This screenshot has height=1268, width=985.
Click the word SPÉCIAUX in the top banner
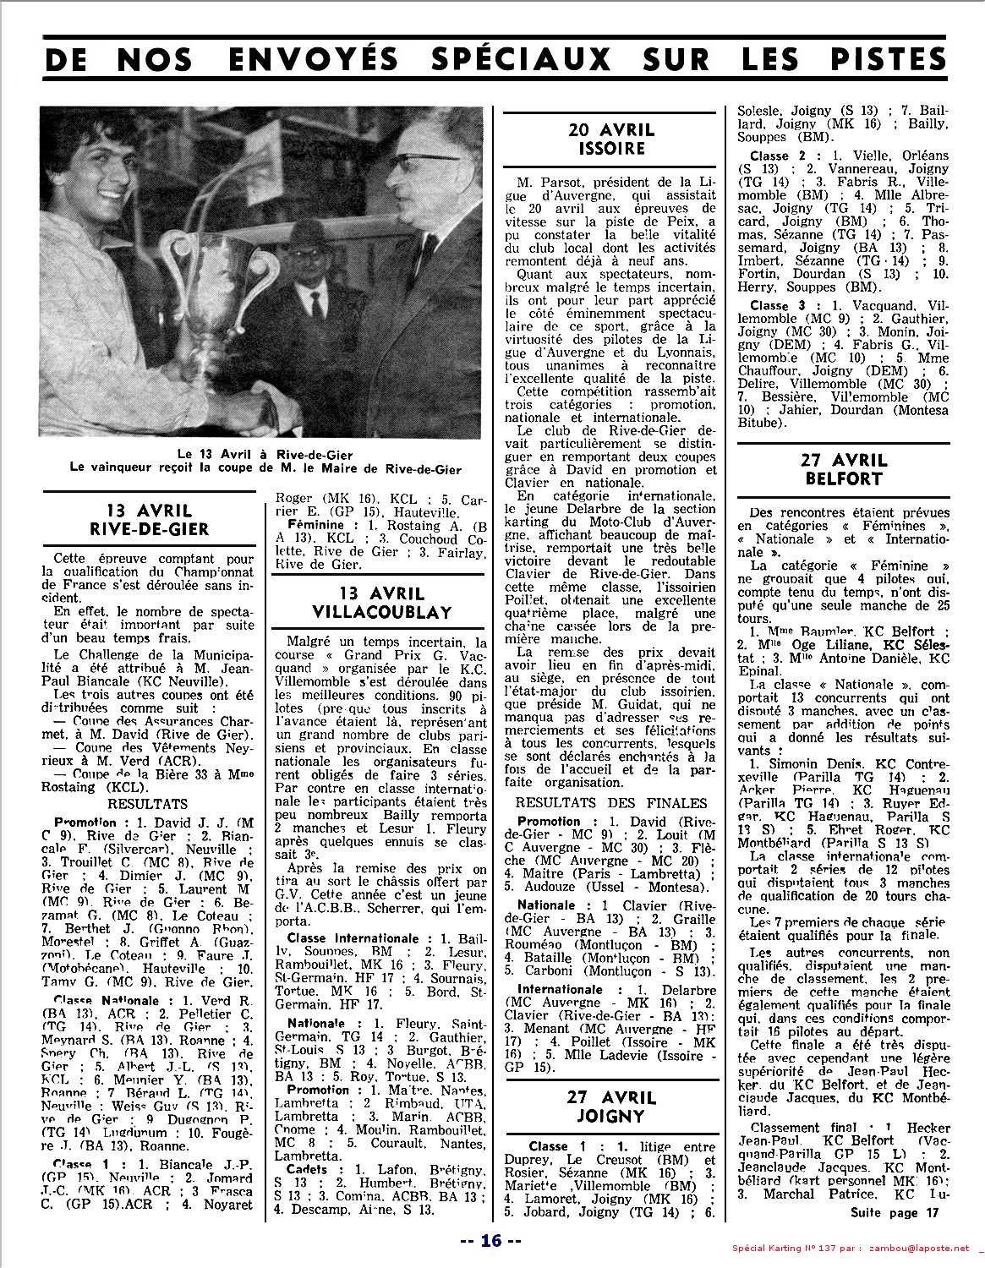[x=517, y=59]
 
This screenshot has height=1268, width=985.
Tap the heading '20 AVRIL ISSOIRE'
[x=612, y=139]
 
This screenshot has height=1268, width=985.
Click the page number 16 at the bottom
[x=492, y=1240]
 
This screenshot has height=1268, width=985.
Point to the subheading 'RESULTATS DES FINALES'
[x=611, y=803]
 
